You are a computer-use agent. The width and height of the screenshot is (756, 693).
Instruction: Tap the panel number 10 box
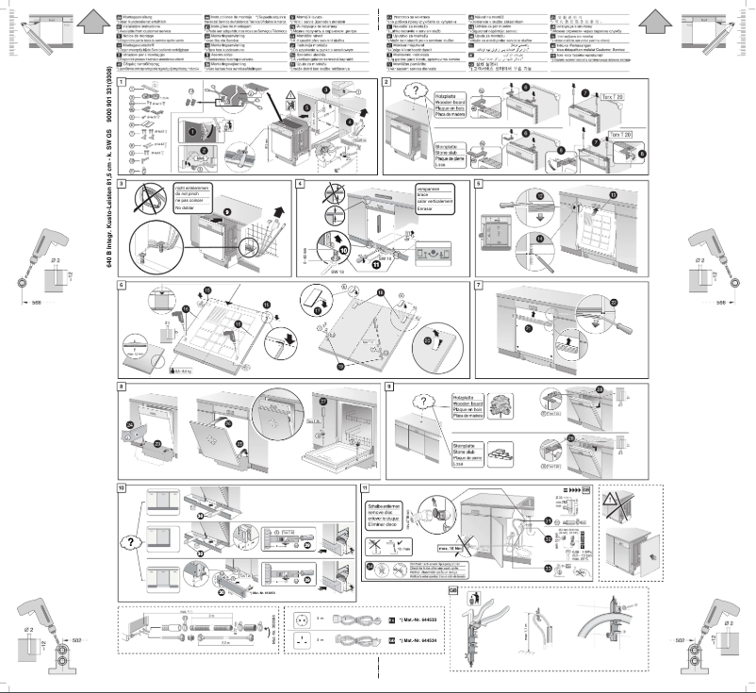121,487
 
